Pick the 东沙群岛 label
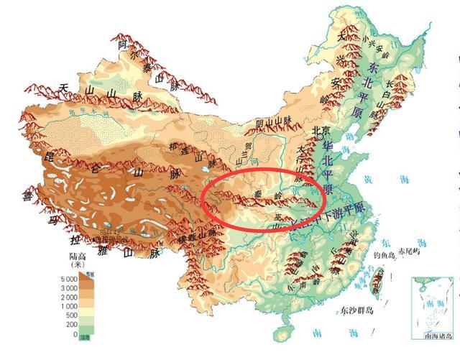[x=359, y=310]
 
